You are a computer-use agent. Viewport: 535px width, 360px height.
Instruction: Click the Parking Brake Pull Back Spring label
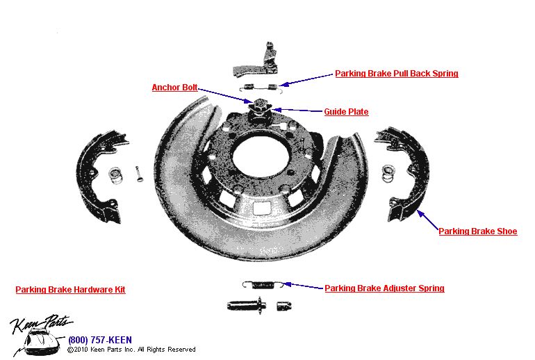click(x=396, y=74)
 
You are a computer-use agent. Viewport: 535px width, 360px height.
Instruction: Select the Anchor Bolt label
click(x=174, y=88)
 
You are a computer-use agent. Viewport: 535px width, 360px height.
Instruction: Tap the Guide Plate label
click(x=346, y=112)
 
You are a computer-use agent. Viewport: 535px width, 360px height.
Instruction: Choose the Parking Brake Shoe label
click(x=477, y=231)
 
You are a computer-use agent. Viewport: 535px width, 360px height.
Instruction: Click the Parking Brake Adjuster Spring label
click(x=384, y=288)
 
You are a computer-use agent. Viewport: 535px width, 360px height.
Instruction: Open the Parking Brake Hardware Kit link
click(x=70, y=290)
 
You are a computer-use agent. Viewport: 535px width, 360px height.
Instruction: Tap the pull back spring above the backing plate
click(x=258, y=88)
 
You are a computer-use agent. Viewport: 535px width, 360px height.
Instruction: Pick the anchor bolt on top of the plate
click(x=259, y=106)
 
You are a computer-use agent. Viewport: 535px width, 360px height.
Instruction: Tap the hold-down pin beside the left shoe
click(x=139, y=173)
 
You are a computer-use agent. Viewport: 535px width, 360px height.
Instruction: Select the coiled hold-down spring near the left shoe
click(x=116, y=175)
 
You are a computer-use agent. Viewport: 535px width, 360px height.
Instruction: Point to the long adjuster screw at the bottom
click(x=245, y=304)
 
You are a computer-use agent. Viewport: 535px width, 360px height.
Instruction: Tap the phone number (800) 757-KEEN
click(x=100, y=340)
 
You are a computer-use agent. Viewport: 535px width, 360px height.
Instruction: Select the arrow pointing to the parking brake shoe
click(x=427, y=220)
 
